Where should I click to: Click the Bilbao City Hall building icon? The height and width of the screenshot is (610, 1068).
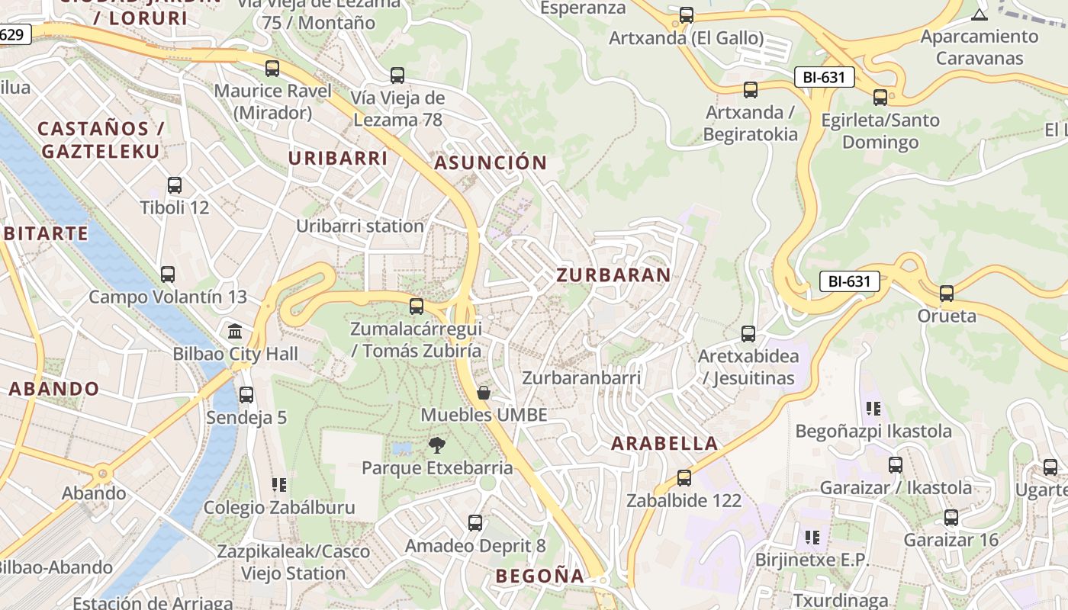235,332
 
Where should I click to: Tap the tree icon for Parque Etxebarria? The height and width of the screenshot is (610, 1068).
437,445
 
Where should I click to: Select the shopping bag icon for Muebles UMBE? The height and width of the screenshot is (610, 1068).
483,393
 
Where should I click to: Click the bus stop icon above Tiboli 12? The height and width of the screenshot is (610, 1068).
175,185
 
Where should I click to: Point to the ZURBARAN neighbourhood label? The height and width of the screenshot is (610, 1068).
613,275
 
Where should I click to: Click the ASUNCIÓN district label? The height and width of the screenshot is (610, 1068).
491,162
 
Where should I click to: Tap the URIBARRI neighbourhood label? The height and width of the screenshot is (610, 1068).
338,159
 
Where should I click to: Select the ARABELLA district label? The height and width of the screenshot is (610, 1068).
664,443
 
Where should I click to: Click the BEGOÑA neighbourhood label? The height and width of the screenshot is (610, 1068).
539,576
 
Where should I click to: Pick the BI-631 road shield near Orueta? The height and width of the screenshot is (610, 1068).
849,281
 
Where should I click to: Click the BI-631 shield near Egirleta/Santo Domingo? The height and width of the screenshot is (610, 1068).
824,77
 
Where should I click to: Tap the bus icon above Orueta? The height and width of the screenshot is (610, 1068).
947,293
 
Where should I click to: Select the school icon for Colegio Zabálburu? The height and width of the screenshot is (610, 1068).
279,484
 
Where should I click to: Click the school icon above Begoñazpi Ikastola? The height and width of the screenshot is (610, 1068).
873,408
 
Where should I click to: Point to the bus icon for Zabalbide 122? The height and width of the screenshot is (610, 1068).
684,478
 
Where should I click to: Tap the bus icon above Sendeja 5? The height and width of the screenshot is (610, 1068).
246,395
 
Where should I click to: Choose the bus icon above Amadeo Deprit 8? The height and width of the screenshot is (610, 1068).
475,523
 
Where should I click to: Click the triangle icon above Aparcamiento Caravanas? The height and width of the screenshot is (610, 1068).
980,14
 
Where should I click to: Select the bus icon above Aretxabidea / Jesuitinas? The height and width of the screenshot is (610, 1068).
748,333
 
